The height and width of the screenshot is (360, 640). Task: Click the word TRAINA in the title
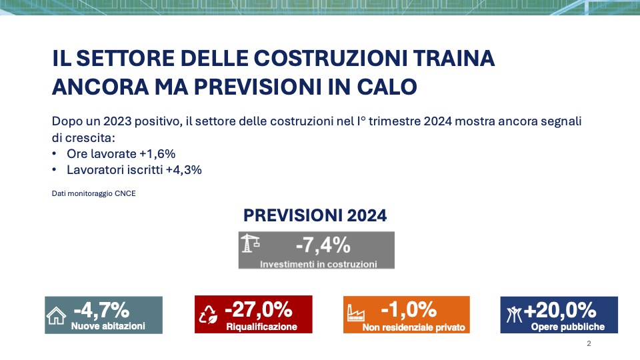[x=454, y=58]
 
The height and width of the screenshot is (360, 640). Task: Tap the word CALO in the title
[x=387, y=87]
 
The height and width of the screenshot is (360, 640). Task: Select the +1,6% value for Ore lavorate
[x=157, y=154]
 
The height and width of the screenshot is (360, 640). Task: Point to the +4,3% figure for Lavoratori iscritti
[x=184, y=170]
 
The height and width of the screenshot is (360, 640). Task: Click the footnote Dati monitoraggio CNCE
[x=94, y=193]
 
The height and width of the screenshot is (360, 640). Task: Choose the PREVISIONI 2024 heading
[x=315, y=215]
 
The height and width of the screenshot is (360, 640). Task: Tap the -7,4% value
[x=323, y=245]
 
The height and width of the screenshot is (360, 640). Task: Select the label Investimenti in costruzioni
[x=319, y=264]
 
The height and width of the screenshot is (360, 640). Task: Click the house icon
[x=56, y=315]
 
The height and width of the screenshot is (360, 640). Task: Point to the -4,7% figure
[x=101, y=310]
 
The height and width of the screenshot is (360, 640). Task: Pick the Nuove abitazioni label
[x=108, y=326]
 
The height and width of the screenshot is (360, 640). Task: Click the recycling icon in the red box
[x=208, y=315]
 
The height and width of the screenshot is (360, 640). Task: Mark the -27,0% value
[x=259, y=309]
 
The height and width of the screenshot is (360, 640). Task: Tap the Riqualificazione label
[x=261, y=327]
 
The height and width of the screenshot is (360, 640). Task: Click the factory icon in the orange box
[x=355, y=313]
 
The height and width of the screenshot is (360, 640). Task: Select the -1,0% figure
[x=409, y=309]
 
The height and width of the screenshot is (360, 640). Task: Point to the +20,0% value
[x=559, y=310]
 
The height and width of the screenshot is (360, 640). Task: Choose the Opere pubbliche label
[x=568, y=327]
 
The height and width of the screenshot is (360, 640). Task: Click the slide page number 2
[x=589, y=344]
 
